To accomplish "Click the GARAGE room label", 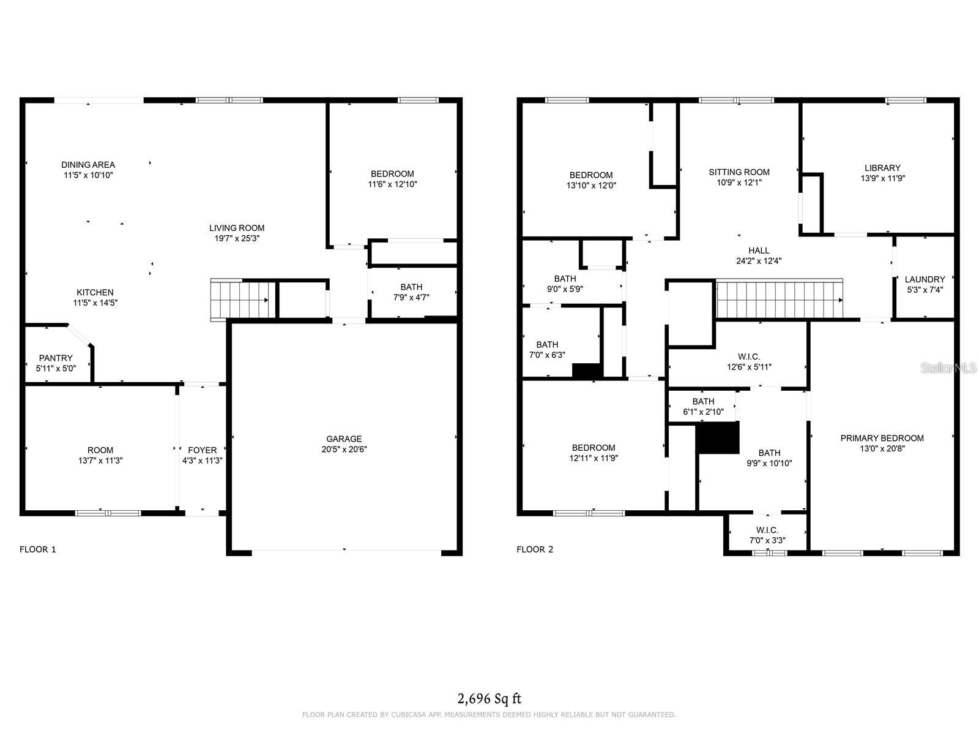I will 344,439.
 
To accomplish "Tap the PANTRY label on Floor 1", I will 56,358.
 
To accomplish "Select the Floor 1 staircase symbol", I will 240,300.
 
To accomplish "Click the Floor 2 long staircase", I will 779,299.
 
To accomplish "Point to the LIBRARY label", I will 882,168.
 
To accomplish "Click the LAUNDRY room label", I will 925,279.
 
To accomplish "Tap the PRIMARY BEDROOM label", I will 882,438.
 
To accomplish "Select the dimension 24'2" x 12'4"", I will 759,260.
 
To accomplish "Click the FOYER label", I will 202,450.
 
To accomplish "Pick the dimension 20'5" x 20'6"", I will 344,449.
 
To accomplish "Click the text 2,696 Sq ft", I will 489,698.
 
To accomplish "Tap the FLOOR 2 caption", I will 535,549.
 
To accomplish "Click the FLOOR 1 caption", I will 38,549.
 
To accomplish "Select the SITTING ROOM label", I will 739,172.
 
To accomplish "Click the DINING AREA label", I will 88,165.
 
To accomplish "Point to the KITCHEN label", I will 95,292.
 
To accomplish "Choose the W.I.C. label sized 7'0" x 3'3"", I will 767,530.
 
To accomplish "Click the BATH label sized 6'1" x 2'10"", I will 703,402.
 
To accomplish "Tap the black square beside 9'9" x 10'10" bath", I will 718,438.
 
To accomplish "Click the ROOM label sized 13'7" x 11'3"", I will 100,450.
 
